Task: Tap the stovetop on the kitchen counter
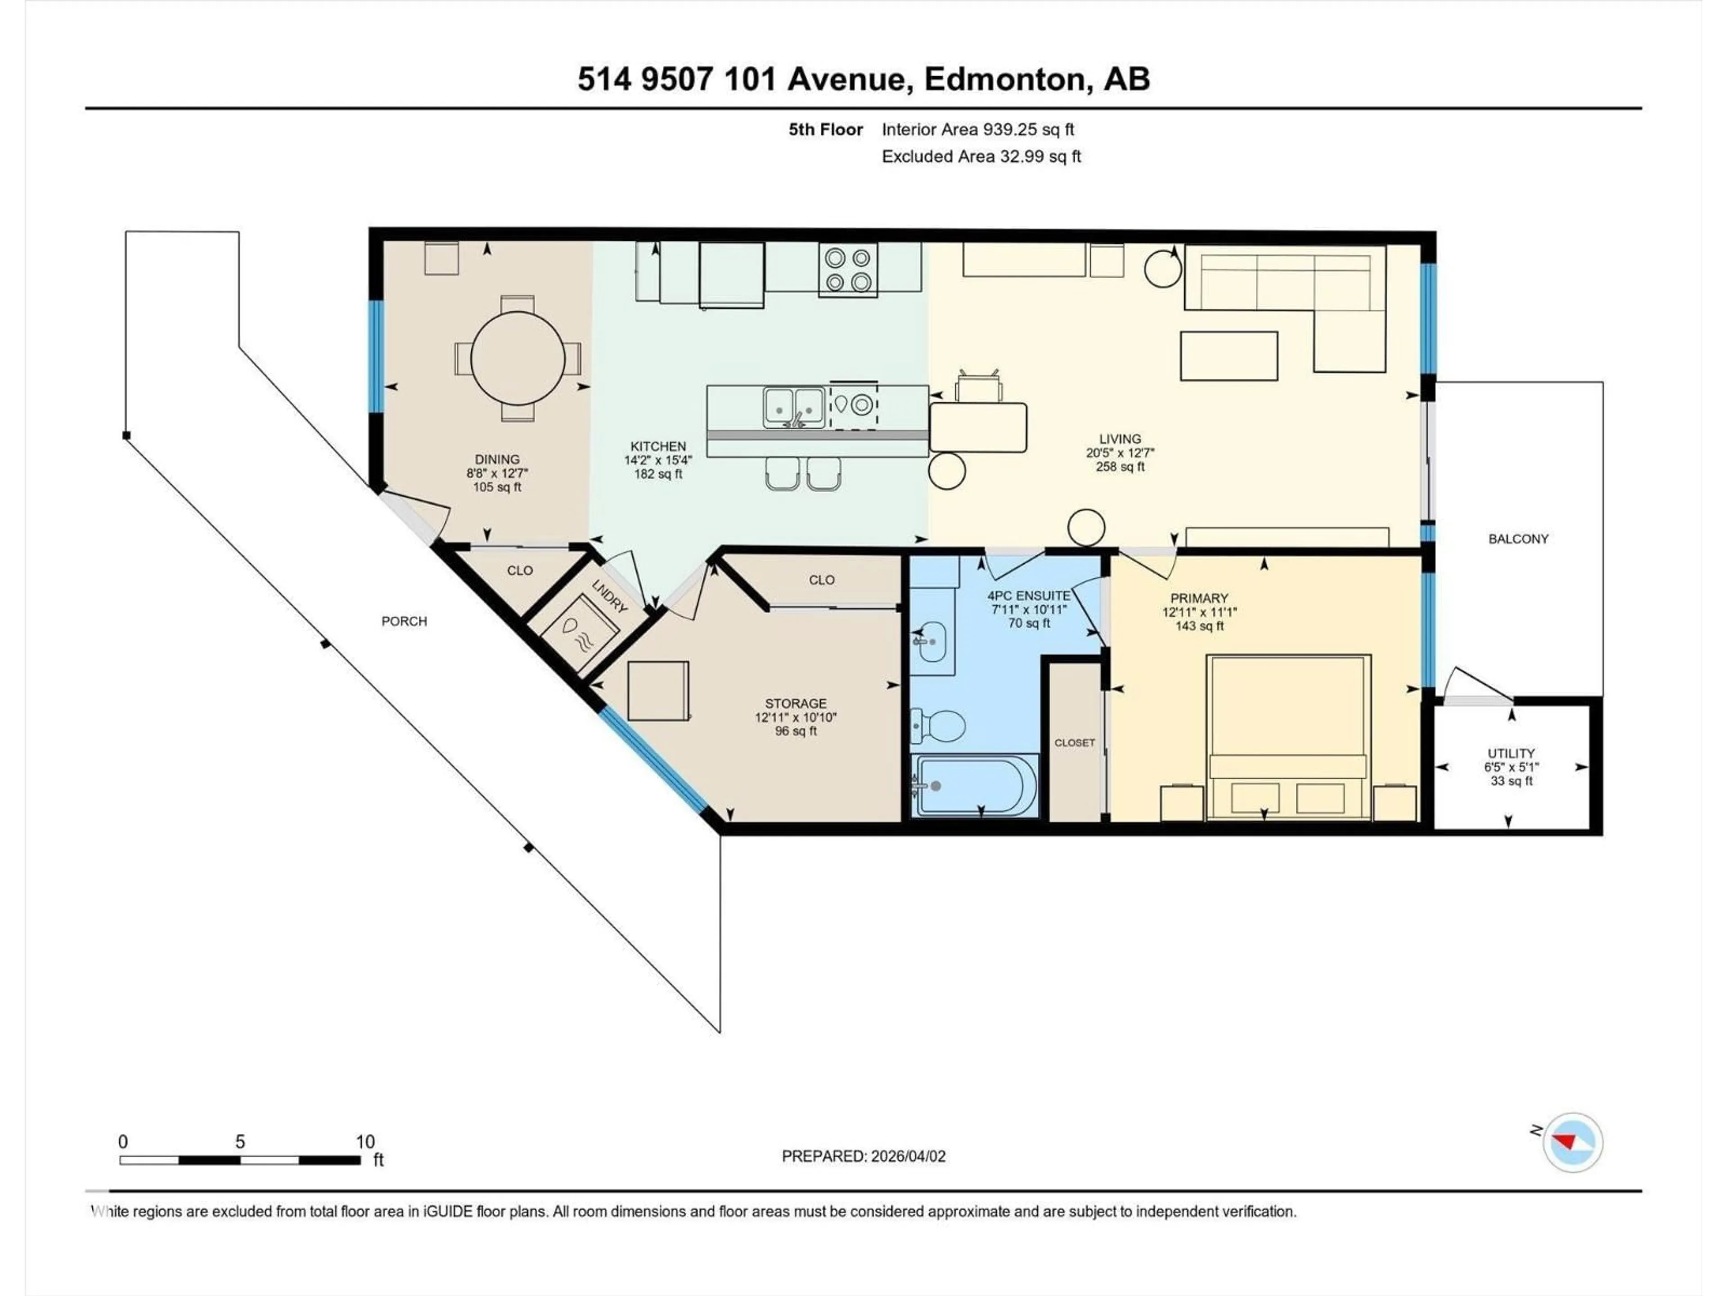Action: coord(848,270)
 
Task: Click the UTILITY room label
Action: coord(1511,753)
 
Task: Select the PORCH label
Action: coord(404,621)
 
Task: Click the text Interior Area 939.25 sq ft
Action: coord(977,130)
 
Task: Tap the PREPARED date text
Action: coord(863,1156)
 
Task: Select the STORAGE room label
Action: coord(795,703)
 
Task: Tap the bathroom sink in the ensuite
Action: coord(931,641)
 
